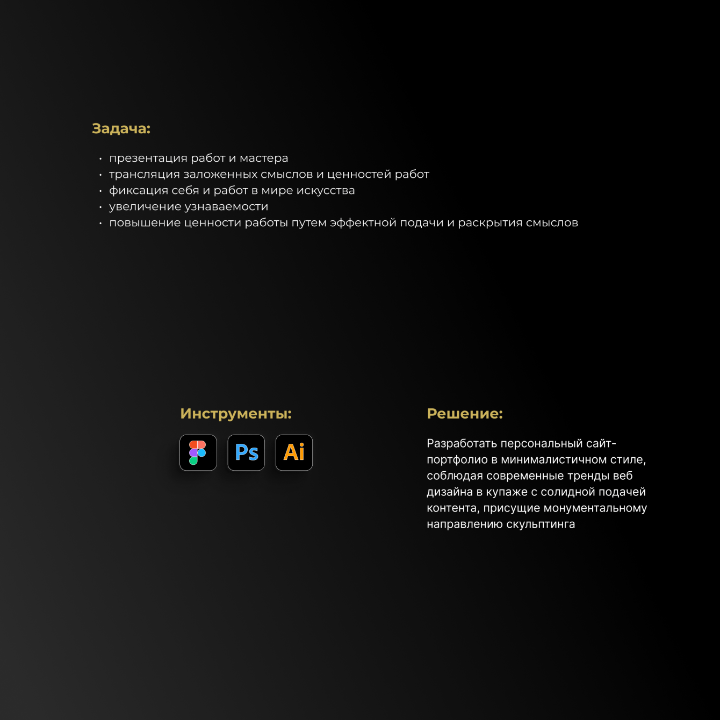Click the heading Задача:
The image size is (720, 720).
(121, 129)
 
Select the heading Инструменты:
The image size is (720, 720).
(236, 414)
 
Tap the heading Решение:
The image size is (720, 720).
(465, 414)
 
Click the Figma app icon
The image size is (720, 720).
(198, 452)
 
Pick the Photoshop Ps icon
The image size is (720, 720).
(246, 452)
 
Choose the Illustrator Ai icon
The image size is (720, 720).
(294, 452)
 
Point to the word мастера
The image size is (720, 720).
(264, 159)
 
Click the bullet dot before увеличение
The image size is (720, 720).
(100, 207)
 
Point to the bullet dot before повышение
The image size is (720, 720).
(100, 223)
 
